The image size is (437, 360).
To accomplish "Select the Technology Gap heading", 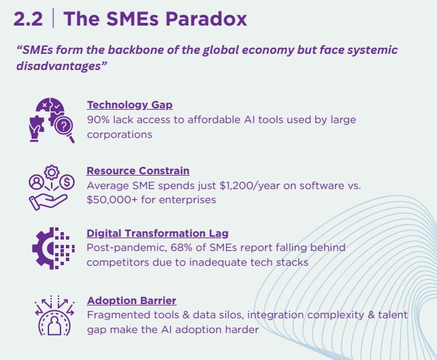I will click(x=129, y=105).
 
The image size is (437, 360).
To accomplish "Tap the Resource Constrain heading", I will click(x=138, y=170).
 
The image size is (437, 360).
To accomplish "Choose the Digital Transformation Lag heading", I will click(x=157, y=233).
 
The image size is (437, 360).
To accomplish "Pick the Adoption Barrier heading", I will click(x=132, y=300).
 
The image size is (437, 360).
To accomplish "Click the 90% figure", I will click(x=98, y=120).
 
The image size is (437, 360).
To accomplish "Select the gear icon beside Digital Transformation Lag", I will click(x=51, y=248).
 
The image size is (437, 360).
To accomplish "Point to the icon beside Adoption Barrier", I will click(x=51, y=315).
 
